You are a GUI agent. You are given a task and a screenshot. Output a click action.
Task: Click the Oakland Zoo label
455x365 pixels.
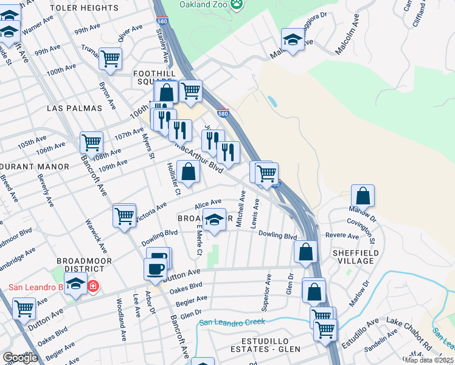[203, 4]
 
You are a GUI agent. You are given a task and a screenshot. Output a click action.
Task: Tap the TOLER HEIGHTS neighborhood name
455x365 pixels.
[92, 8]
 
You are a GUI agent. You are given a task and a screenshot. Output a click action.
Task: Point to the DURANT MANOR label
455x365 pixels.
[35, 166]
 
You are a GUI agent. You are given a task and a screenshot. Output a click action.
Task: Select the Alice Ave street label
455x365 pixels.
[207, 204]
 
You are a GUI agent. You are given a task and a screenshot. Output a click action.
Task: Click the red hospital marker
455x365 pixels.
[92, 286]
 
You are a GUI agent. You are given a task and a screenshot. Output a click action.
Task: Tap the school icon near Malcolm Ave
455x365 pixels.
[293, 40]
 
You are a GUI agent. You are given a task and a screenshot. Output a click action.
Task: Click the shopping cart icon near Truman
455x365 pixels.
[111, 59]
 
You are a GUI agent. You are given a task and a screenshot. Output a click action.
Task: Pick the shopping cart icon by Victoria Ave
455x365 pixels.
[124, 215]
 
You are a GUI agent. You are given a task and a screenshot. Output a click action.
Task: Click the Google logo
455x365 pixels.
[20, 358]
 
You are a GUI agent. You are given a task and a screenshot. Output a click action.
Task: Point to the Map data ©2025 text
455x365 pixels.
[429, 360]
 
